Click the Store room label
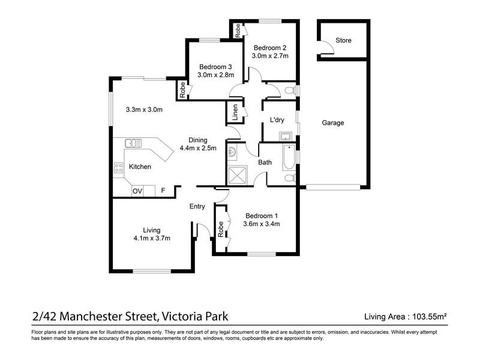343,40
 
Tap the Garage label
333,123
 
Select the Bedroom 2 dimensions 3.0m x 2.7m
270,56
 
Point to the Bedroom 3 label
215,67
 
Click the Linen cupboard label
235,112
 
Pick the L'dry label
277,120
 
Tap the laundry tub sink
286,136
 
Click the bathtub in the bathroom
289,157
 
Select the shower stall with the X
237,175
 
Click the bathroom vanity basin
232,152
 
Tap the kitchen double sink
133,143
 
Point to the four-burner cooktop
118,168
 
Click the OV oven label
137,191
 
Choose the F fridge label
163,190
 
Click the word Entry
197,206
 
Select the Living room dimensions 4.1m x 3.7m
152,238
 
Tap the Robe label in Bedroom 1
220,229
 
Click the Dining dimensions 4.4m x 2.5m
198,148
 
